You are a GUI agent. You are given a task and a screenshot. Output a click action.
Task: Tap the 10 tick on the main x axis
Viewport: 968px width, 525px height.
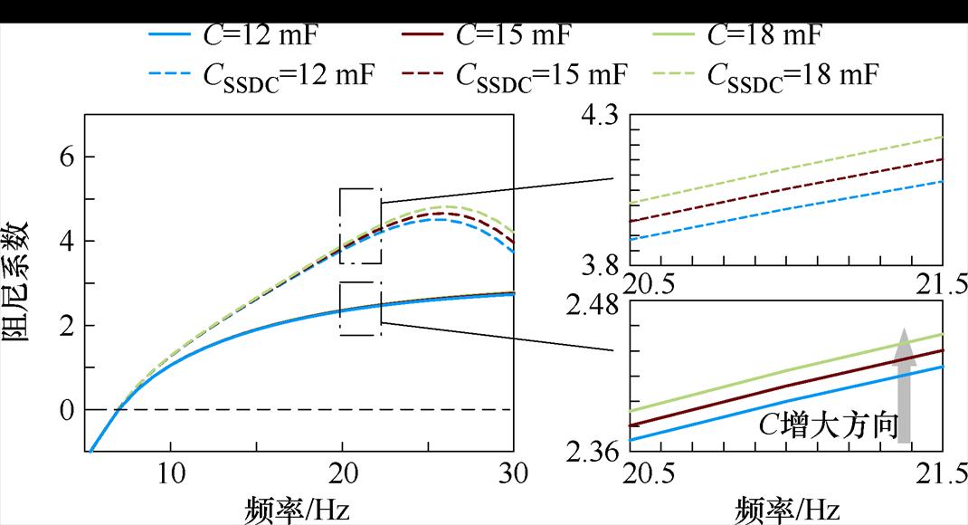click(x=171, y=473)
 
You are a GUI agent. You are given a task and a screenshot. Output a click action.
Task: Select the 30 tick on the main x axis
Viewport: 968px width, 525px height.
click(x=513, y=473)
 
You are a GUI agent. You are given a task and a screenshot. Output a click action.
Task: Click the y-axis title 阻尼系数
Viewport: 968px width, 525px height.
click(x=20, y=282)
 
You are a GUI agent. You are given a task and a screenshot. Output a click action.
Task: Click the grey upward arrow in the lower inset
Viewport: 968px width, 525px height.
click(x=904, y=386)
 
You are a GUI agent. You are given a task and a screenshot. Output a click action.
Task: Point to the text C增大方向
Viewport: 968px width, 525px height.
click(x=827, y=425)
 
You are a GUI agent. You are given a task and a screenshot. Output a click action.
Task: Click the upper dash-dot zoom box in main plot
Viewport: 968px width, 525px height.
click(x=360, y=226)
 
